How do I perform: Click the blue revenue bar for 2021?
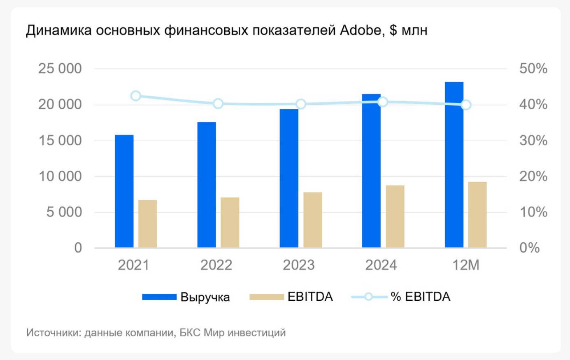coord(124,191)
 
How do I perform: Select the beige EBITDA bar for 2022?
coord(230,223)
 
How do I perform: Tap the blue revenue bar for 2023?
coord(289,178)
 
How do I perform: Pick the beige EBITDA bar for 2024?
coord(395,216)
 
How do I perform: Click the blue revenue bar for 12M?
coord(454,165)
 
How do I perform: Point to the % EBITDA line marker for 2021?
coord(136,96)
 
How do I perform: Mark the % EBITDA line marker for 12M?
coord(466,105)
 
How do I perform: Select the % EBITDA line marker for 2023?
coord(301,104)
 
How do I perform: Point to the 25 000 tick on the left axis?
coord(60,69)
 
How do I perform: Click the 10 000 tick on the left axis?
coord(60,177)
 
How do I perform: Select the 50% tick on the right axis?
coord(533,69)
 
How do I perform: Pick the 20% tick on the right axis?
coord(533,177)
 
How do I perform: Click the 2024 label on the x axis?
coord(381,265)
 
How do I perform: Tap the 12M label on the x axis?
coord(466,265)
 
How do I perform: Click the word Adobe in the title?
coord(361,30)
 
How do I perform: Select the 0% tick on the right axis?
coord(529,248)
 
